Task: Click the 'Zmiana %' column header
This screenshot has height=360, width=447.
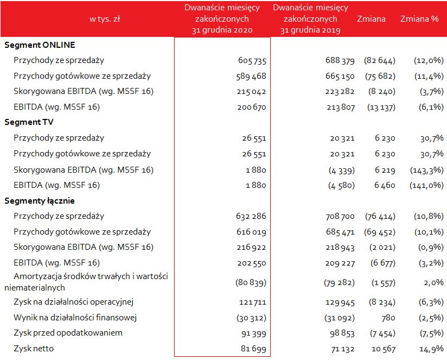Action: pos(419,19)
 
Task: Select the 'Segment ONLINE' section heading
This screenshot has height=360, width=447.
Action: pos(40,45)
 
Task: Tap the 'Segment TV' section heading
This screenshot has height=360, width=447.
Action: pos(29,122)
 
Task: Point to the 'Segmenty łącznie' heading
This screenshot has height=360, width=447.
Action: pos(40,201)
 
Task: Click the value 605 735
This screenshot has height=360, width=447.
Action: pos(252,60)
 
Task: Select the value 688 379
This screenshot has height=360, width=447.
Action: pos(340,60)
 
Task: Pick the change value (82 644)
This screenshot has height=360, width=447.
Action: pos(380,60)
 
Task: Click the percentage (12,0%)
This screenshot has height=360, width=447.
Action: pos(426,60)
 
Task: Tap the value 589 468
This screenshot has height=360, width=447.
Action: pos(252,76)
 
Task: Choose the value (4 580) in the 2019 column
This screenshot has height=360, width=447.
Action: pos(342,186)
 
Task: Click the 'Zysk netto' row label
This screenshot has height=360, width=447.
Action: pos(34,348)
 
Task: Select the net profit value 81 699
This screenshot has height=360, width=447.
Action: pos(254,349)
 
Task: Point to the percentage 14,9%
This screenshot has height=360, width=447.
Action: pos(431,349)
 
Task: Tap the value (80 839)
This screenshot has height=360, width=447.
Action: pos(251,282)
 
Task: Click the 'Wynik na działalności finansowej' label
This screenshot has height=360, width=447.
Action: pos(74,317)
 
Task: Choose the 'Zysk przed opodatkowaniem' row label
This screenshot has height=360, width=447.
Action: pos(68,332)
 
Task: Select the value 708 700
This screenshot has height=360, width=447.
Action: pos(340,217)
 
